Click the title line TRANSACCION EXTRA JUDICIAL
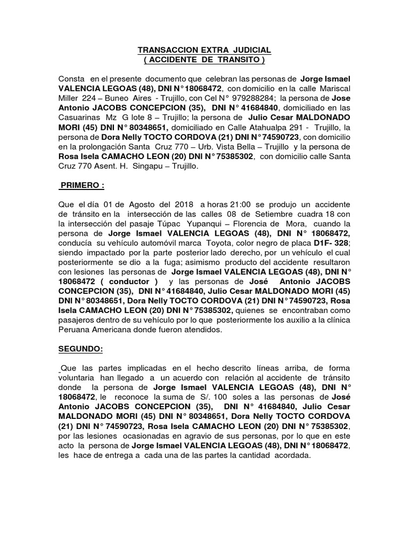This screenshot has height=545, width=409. click(x=204, y=49)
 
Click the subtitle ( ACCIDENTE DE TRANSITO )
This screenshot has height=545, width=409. click(x=204, y=59)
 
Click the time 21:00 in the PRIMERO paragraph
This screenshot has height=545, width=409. click(x=238, y=204)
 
